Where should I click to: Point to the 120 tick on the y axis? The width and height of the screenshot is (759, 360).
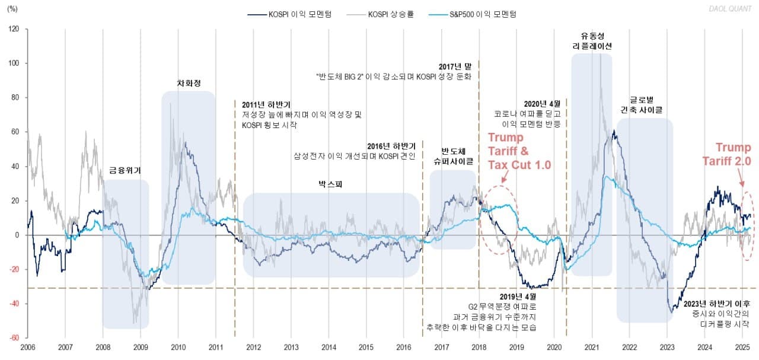click(x=14, y=29)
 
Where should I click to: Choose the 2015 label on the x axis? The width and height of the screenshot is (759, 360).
click(x=366, y=347)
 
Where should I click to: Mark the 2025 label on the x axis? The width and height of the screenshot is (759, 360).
click(x=742, y=347)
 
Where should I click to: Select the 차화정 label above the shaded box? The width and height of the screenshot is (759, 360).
click(x=188, y=84)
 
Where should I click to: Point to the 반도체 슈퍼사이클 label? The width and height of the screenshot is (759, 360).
click(x=452, y=156)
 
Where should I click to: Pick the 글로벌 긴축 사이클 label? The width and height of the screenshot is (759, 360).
click(x=645, y=104)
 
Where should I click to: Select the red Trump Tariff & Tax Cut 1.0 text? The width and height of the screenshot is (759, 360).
click(x=519, y=151)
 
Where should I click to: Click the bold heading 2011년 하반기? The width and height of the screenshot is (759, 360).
click(x=266, y=105)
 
